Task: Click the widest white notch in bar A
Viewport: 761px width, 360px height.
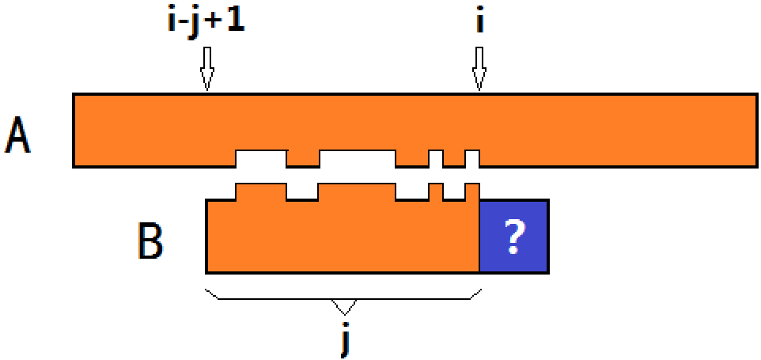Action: tap(357, 158)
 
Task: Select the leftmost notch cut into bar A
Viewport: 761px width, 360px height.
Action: tap(261, 158)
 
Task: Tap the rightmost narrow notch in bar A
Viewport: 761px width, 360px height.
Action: tap(472, 158)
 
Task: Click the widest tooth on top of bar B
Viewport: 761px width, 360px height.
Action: tap(357, 191)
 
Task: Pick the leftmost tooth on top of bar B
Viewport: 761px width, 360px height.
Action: tap(261, 191)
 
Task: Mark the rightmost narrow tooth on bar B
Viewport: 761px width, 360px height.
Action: tap(472, 191)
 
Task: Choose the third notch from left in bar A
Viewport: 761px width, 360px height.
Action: tap(436, 158)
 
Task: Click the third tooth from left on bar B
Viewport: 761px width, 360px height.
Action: tap(436, 191)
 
